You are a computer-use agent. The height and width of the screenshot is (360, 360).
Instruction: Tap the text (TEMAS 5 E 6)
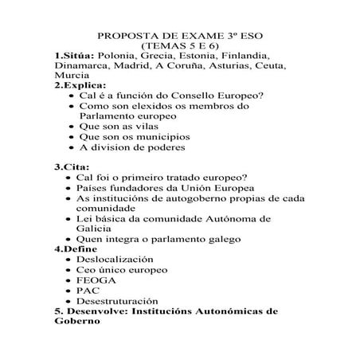[x=179, y=47]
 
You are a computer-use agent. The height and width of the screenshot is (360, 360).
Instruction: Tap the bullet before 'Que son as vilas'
[x=73, y=126]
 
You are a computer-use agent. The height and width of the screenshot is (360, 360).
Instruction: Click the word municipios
[x=142, y=136]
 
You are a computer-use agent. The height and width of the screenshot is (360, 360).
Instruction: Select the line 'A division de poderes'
[x=132, y=147]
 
